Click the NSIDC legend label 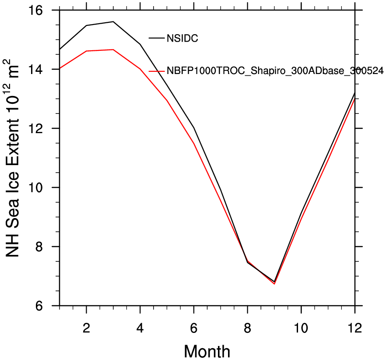[182, 39]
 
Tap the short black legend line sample [157, 38]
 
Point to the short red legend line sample [157, 71]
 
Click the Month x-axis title [207, 350]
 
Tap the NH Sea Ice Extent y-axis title [13, 158]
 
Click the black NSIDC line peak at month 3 [113, 21]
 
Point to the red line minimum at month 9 [274, 284]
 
